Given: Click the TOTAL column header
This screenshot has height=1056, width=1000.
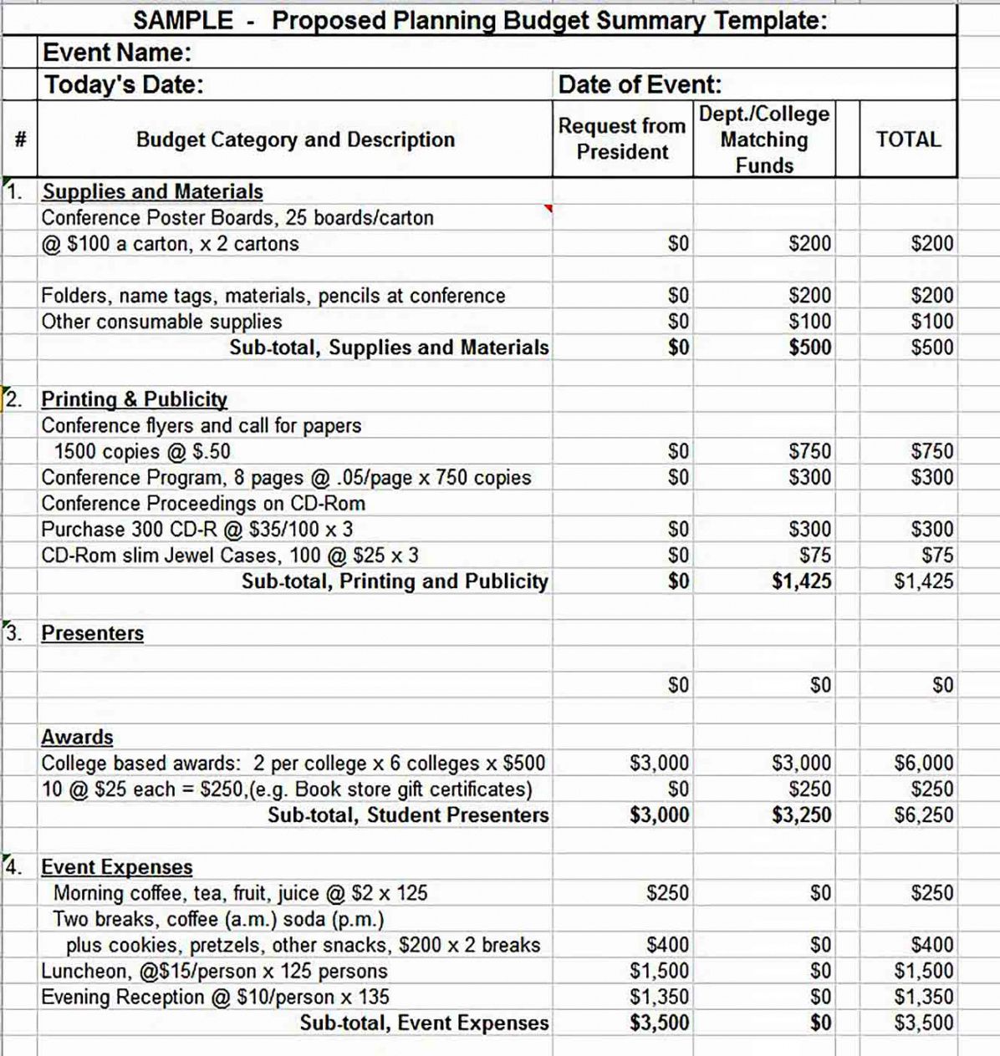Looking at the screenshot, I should point(908,140).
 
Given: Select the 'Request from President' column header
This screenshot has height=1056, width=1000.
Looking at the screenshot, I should point(622,139).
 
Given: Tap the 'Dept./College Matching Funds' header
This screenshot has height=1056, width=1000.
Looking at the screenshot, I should point(764,140).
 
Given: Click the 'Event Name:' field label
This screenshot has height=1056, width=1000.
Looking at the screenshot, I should point(117,53).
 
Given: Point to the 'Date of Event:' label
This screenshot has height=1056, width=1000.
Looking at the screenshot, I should point(640,84).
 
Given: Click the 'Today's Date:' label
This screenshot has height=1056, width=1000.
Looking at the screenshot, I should point(124,84).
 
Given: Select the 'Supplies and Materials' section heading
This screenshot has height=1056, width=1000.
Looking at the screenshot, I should point(152,191).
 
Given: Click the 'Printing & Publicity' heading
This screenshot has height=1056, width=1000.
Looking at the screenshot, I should point(135,399).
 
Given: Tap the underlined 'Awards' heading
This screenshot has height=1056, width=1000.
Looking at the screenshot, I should point(77,737).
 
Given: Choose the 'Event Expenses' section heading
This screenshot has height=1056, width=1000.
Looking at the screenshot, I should point(117,867).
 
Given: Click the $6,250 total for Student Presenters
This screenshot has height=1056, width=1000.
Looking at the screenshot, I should point(924,815).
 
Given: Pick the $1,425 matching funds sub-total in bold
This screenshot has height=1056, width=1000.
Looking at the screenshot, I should point(802,581).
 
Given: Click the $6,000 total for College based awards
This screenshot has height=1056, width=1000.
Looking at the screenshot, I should point(924,763).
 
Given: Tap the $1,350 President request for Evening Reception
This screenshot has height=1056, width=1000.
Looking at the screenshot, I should point(660,997).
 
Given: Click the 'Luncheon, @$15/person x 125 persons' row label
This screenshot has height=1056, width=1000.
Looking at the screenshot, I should point(215,971).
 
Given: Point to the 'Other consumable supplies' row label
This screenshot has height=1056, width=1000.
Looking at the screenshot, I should point(161,322).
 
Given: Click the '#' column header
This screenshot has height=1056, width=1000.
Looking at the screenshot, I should point(19,140).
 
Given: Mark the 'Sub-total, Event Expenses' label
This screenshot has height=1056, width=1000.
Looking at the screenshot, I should point(424,1023).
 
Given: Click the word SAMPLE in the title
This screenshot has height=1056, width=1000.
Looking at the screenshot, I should point(183,20).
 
